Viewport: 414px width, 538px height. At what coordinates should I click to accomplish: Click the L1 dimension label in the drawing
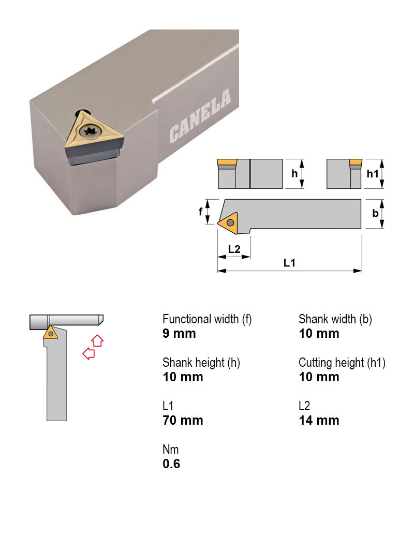pyautogui.click(x=289, y=263)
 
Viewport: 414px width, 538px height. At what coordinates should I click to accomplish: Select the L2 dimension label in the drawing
pyautogui.click(x=234, y=249)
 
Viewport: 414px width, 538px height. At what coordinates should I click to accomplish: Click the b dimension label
pyautogui.click(x=375, y=213)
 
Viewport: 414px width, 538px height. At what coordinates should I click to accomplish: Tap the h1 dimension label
pyautogui.click(x=373, y=174)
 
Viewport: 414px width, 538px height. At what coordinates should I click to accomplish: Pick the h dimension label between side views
pyautogui.click(x=294, y=174)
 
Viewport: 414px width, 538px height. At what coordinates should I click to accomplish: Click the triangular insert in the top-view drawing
pyautogui.click(x=228, y=222)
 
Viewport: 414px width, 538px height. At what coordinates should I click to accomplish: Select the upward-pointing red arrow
pyautogui.click(x=97, y=340)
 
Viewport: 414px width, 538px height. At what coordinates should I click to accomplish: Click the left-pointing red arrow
pyautogui.click(x=88, y=353)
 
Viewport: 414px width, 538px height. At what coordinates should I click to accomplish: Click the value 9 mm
pyautogui.click(x=179, y=334)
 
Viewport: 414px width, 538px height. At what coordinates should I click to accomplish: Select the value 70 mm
pyautogui.click(x=183, y=421)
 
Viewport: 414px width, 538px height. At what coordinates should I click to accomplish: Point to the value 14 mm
pyautogui.click(x=319, y=421)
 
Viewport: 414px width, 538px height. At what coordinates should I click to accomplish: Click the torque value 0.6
pyautogui.click(x=171, y=464)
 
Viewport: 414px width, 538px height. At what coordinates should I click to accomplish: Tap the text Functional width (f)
pyautogui.click(x=207, y=319)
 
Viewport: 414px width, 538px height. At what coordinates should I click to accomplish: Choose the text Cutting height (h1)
pyautogui.click(x=342, y=363)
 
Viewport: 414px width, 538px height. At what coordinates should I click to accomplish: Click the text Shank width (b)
pyautogui.click(x=335, y=319)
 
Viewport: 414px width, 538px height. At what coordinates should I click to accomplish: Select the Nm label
pyautogui.click(x=170, y=450)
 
